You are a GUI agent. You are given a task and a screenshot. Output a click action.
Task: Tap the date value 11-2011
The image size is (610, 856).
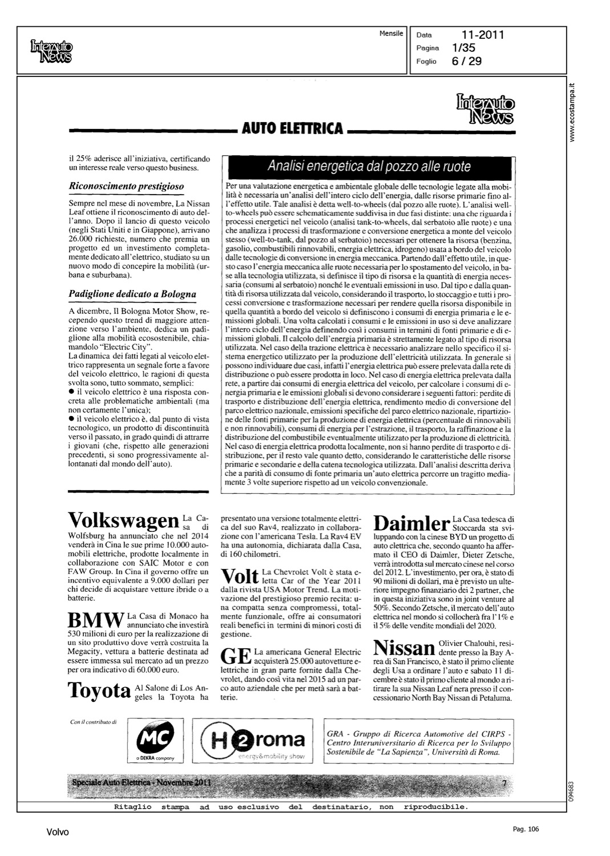pyautogui.click(x=483, y=35)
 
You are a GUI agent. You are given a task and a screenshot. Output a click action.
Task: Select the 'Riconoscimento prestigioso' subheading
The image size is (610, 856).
pyautogui.click(x=126, y=186)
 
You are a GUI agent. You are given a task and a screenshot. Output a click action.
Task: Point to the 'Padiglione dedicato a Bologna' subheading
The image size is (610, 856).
pyautogui.click(x=132, y=294)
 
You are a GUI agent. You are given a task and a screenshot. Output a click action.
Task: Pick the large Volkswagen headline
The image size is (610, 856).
pyautogui.click(x=123, y=520)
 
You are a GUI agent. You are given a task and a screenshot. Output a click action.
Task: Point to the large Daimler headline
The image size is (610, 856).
pyautogui.click(x=410, y=523)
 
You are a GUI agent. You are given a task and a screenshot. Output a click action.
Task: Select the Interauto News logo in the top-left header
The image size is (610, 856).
pyautogui.click(x=51, y=50)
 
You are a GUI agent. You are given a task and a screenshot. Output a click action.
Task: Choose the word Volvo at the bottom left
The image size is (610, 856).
pyautogui.click(x=58, y=833)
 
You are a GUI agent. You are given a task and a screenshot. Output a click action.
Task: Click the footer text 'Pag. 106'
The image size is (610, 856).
pyautogui.click(x=526, y=829)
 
